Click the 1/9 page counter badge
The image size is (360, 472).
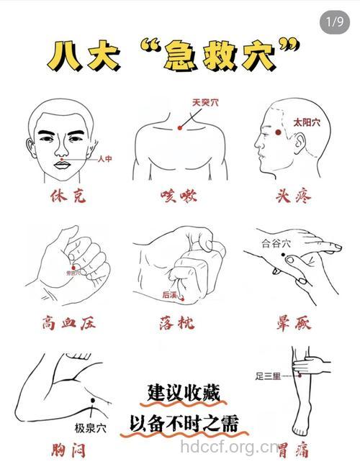point(334,22)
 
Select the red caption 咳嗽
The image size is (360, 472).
point(180,196)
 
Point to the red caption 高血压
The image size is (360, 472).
point(68,323)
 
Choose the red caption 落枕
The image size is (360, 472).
point(180,323)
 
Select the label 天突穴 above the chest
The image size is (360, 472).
point(205,103)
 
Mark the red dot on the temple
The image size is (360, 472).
point(278,132)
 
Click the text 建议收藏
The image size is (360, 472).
point(183,393)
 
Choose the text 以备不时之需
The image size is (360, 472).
point(184,422)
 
